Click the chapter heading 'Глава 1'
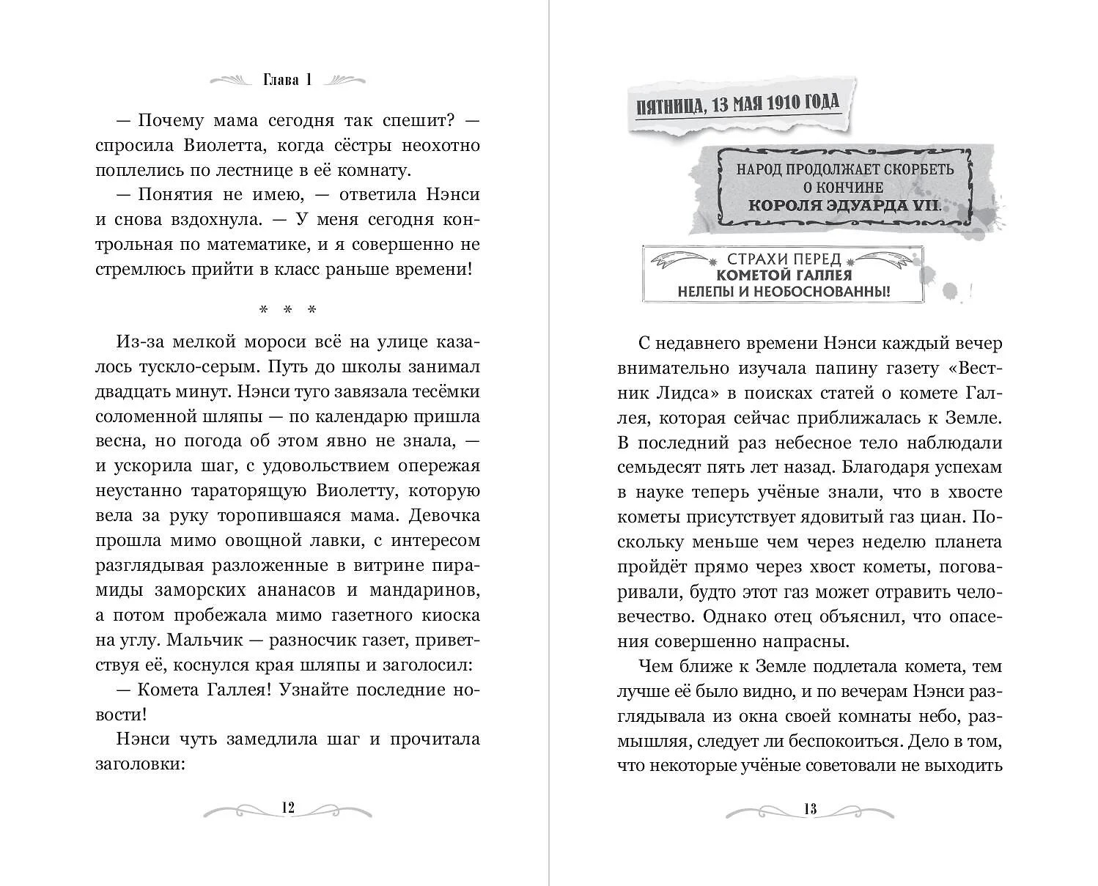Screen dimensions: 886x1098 (287, 81)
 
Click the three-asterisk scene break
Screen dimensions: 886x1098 (288, 310)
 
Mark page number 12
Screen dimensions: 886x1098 (287, 808)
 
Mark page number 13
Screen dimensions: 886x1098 (809, 809)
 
